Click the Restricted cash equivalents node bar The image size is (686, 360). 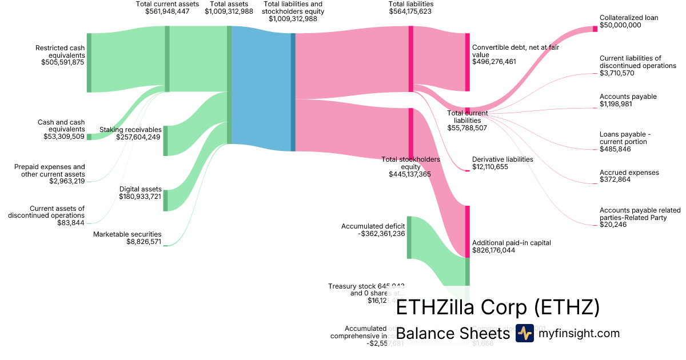(89, 63)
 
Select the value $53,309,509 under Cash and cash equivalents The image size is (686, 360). (64, 137)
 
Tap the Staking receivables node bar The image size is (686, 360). (165, 141)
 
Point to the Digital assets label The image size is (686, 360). (140, 189)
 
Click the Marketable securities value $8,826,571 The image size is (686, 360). (144, 242)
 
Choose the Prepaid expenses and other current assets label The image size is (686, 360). (49, 170)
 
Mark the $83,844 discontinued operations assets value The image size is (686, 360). (71, 223)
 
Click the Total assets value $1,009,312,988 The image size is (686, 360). (229, 11)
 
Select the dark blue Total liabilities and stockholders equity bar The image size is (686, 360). (293, 92)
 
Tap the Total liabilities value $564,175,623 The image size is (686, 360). (410, 11)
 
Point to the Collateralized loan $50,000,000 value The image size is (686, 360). (620, 25)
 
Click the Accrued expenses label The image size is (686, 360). (629, 173)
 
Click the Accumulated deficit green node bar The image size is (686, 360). (409, 237)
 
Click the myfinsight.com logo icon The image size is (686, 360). (524, 333)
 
